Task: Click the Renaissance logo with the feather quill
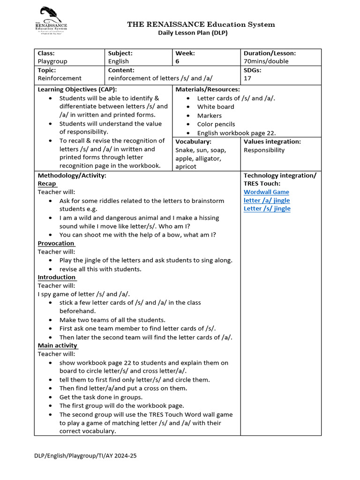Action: point(51,21)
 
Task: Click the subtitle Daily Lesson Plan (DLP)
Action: point(192,33)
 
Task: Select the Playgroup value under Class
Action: point(52,61)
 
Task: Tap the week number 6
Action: point(177,61)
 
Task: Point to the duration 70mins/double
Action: point(266,61)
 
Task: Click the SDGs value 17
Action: point(247,78)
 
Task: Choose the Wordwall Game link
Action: point(266,192)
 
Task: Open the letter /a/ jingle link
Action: point(267,200)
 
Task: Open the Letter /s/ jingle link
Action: point(267,209)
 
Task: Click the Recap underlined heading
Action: point(47,184)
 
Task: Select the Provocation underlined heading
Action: point(56,243)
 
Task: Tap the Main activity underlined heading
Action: point(58,345)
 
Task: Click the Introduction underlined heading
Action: point(57,277)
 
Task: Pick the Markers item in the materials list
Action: point(210,116)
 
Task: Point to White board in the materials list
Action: point(216,107)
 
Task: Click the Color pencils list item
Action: point(216,124)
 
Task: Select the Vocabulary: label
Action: point(193,142)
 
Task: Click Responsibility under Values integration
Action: point(264,150)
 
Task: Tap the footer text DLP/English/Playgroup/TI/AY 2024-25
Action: point(85,456)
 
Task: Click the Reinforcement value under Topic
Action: point(60,78)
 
